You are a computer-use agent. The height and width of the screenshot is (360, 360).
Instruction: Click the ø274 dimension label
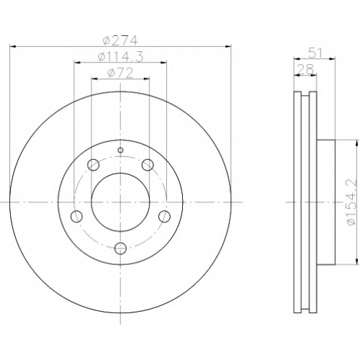click(x=120, y=40)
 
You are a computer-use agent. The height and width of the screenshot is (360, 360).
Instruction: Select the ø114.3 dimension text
click(x=120, y=57)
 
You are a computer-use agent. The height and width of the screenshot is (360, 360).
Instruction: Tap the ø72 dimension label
click(x=120, y=73)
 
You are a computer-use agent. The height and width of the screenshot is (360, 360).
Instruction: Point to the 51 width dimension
click(x=315, y=53)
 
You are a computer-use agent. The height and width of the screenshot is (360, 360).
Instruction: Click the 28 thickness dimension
click(x=305, y=70)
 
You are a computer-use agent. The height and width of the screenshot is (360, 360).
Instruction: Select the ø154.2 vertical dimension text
click(x=351, y=202)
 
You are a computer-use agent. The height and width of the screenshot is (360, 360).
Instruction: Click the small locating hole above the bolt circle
click(x=120, y=150)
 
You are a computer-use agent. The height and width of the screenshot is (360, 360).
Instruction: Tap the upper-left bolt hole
click(x=94, y=165)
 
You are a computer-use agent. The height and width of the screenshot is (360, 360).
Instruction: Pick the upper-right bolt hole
click(x=148, y=165)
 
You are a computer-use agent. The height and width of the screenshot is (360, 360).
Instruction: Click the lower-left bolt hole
click(x=76, y=216)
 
